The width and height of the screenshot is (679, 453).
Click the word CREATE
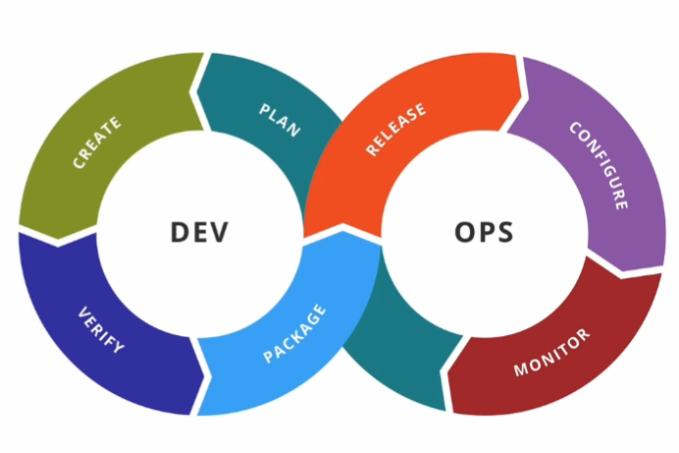pyautogui.click(x=97, y=142)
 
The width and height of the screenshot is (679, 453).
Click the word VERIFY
pyautogui.click(x=101, y=331)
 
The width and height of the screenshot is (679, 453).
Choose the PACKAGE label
pyautogui.click(x=294, y=333)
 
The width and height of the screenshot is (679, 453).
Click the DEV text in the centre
pyautogui.click(x=199, y=232)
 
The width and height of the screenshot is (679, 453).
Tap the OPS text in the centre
pyautogui.click(x=485, y=233)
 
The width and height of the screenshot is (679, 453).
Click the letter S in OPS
pyautogui.click(x=505, y=233)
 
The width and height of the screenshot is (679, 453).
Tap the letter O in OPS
pyautogui.click(x=464, y=233)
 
